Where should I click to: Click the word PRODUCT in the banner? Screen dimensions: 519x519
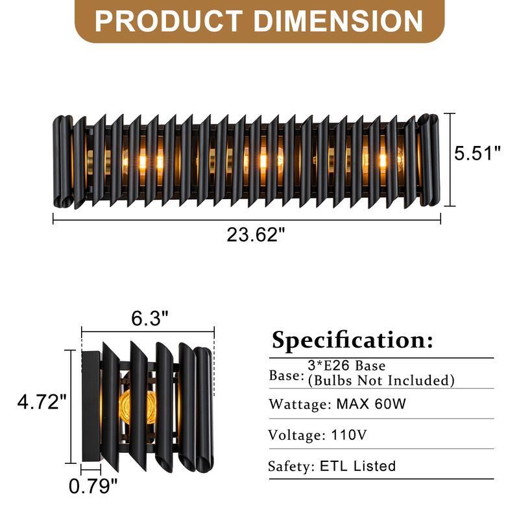[x=170, y=21]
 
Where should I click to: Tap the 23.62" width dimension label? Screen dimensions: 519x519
[x=256, y=235]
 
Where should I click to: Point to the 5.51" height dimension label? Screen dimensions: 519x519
[x=477, y=154]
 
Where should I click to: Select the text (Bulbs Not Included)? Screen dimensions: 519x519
[x=381, y=380]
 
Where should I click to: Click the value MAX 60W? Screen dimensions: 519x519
[x=371, y=405]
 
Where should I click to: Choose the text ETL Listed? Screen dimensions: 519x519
[x=357, y=466]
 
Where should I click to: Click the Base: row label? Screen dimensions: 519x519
[x=286, y=376]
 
